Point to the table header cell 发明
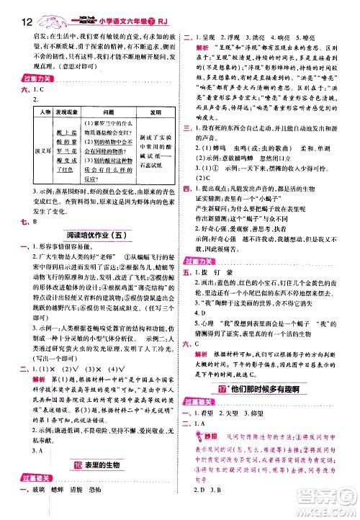tap(153, 112)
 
